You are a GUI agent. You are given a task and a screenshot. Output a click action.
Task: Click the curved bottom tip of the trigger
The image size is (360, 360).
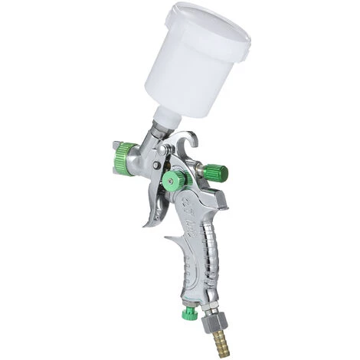click(146, 224)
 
